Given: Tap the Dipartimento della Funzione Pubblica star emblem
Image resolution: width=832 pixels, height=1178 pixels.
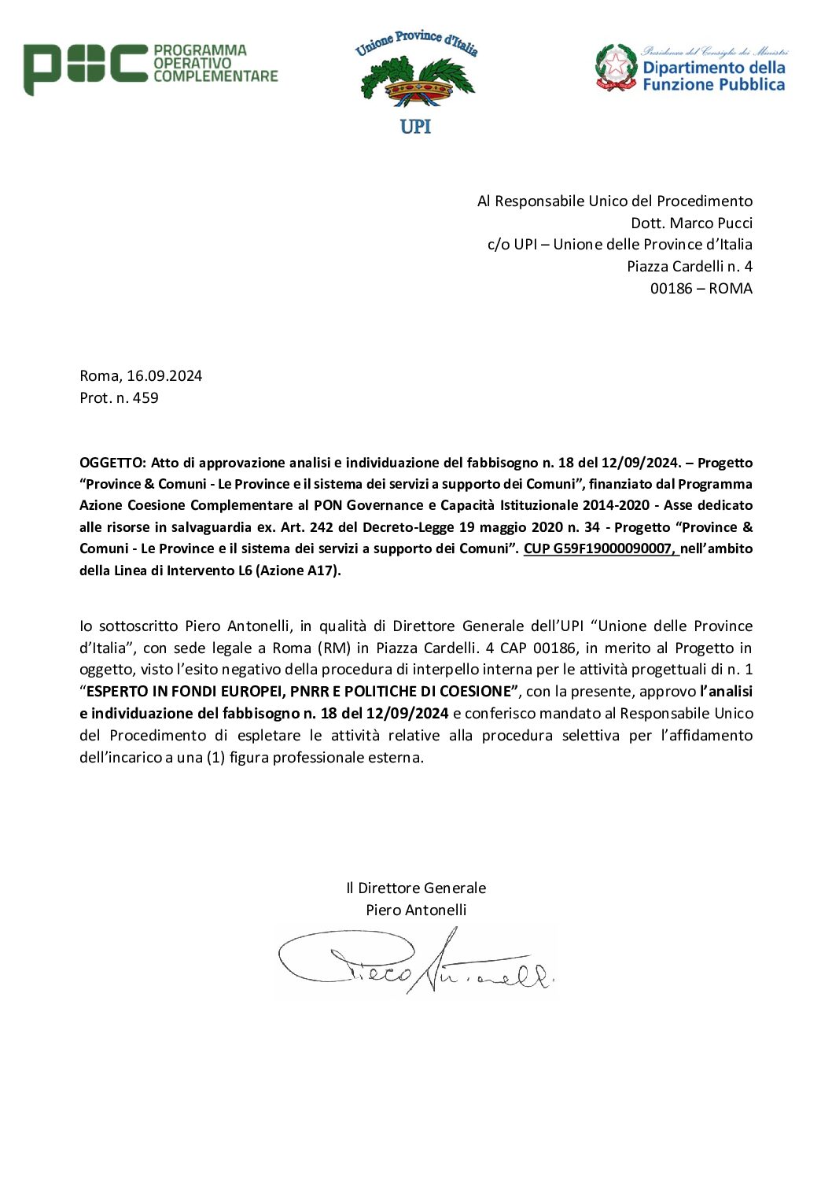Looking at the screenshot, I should [616, 67].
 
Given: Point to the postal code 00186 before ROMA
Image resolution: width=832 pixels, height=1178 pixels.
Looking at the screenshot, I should [671, 288].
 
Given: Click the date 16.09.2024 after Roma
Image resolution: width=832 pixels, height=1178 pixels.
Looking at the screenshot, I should [164, 376].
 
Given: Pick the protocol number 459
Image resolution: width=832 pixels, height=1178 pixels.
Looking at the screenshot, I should [145, 398].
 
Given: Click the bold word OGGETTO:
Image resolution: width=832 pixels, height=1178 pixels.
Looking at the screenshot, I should [112, 463].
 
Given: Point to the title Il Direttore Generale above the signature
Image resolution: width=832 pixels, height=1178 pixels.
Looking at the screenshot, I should [416, 888].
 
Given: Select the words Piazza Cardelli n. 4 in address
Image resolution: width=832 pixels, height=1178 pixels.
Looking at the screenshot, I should [689, 267].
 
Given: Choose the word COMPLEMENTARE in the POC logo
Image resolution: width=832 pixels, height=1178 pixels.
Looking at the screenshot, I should [215, 76].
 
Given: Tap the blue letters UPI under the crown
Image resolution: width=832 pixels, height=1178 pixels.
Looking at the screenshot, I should [415, 127].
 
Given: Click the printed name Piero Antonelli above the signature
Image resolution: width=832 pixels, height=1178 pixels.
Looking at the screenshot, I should [416, 910].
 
